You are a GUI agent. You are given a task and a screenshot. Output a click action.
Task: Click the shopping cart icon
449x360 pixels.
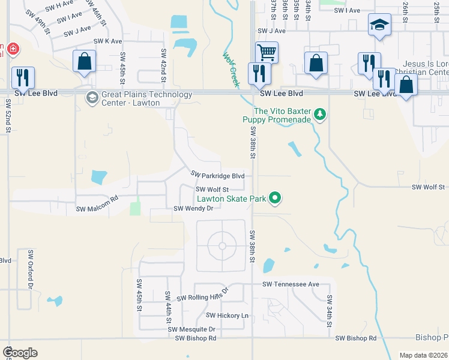tap(266, 52)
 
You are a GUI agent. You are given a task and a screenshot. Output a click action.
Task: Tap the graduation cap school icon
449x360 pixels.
tap(379, 25)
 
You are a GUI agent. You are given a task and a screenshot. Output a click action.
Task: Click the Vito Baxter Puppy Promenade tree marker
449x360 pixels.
tap(321, 114)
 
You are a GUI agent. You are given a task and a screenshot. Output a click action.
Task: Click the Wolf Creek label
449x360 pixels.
tap(231, 70)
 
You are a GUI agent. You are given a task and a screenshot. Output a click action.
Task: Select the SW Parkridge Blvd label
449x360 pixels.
tap(217, 175)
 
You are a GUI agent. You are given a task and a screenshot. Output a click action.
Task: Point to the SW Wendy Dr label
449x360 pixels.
tap(193, 209)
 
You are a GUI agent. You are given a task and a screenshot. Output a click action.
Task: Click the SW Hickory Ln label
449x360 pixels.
tap(227, 315)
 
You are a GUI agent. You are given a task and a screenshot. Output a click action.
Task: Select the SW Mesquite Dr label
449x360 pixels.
tap(191, 329)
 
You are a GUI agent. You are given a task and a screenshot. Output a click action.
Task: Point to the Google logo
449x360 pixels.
tap(20, 353)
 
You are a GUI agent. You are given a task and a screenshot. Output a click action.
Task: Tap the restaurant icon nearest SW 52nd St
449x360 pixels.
tap(23, 77)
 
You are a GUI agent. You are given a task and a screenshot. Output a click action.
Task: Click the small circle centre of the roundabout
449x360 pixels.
tap(222, 246)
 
